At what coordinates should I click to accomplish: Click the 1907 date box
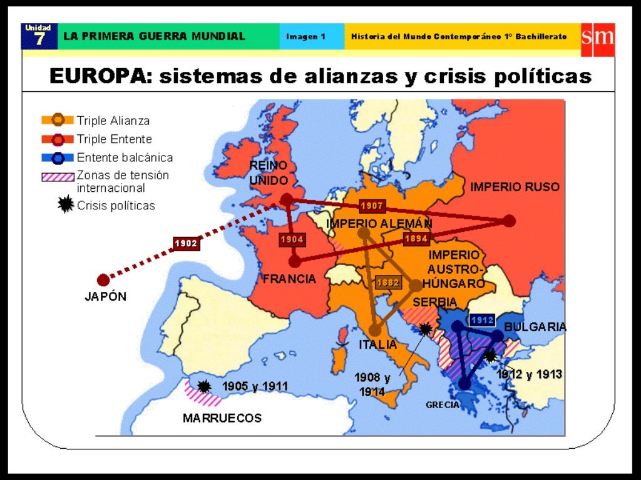point(372,206)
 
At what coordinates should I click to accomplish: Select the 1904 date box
point(292,239)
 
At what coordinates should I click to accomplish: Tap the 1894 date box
point(416,238)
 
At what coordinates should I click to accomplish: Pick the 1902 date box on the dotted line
point(186,243)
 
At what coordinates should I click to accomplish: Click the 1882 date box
point(388,282)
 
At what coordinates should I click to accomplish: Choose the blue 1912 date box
point(483,319)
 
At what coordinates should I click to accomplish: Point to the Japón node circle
point(103,281)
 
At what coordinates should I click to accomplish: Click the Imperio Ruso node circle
point(510,221)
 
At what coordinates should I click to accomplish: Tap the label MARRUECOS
point(222,418)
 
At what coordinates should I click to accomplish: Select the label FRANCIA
point(289,279)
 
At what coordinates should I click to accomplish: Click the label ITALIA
point(377,344)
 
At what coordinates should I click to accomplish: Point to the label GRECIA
point(443,405)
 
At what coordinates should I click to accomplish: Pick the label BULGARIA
point(535,327)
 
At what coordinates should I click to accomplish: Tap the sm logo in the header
point(598,36)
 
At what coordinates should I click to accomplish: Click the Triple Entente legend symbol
point(58,139)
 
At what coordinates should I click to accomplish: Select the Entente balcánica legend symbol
point(58,158)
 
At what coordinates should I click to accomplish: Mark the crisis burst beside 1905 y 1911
point(204,386)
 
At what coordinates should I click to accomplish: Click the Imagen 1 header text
point(305,36)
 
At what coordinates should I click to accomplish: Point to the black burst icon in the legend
point(65,205)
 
